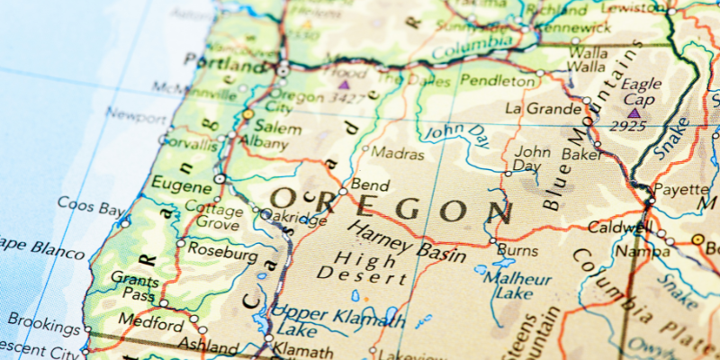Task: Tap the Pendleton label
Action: (x=497, y=81)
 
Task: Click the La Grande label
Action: (x=543, y=109)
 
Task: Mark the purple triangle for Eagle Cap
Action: (x=634, y=113)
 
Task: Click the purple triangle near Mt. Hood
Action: (x=343, y=85)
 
